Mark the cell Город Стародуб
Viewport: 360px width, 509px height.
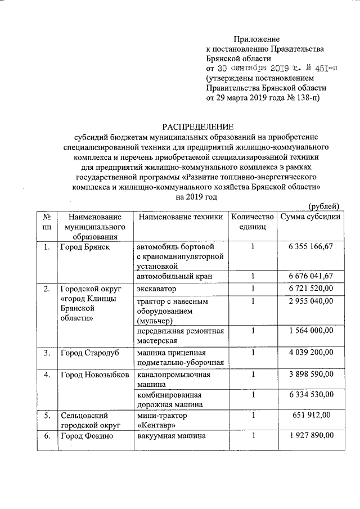(x=90, y=353)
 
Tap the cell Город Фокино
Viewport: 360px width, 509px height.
(x=87, y=436)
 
